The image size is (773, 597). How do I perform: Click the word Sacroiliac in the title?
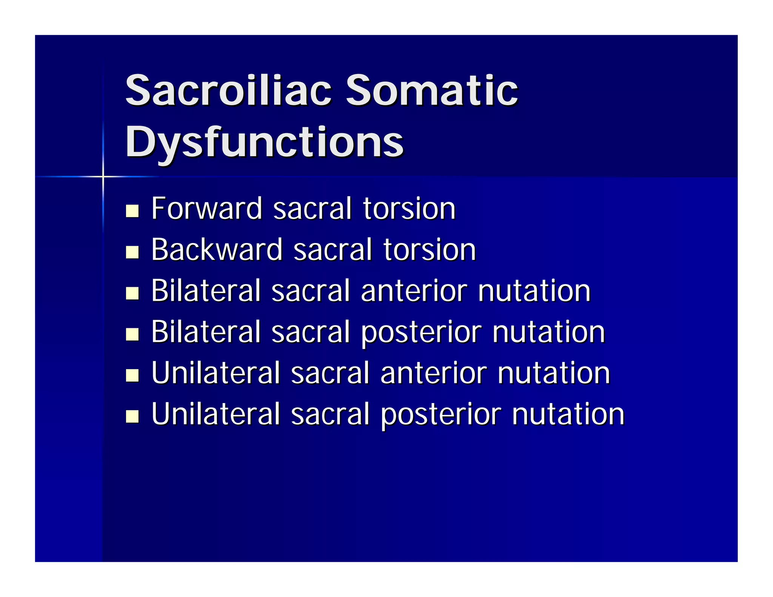(228, 91)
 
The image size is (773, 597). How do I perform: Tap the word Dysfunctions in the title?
(264, 143)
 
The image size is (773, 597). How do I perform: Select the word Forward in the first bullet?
(206, 208)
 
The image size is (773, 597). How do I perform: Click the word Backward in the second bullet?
(217, 249)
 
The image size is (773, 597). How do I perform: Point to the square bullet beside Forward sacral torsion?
(132, 211)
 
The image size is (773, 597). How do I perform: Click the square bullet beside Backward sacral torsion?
(132, 252)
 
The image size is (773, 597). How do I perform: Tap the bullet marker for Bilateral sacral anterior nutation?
(132, 293)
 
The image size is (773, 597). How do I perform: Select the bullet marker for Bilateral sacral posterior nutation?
(132, 334)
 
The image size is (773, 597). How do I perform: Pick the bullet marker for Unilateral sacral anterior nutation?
(132, 375)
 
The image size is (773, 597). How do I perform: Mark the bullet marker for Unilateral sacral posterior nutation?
(132, 416)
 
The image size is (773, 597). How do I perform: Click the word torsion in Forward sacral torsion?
(409, 208)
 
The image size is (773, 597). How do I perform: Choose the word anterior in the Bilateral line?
(414, 291)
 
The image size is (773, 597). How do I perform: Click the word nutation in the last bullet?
(568, 414)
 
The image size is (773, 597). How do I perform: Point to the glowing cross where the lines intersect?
(103, 176)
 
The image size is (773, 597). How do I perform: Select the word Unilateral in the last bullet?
(216, 414)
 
